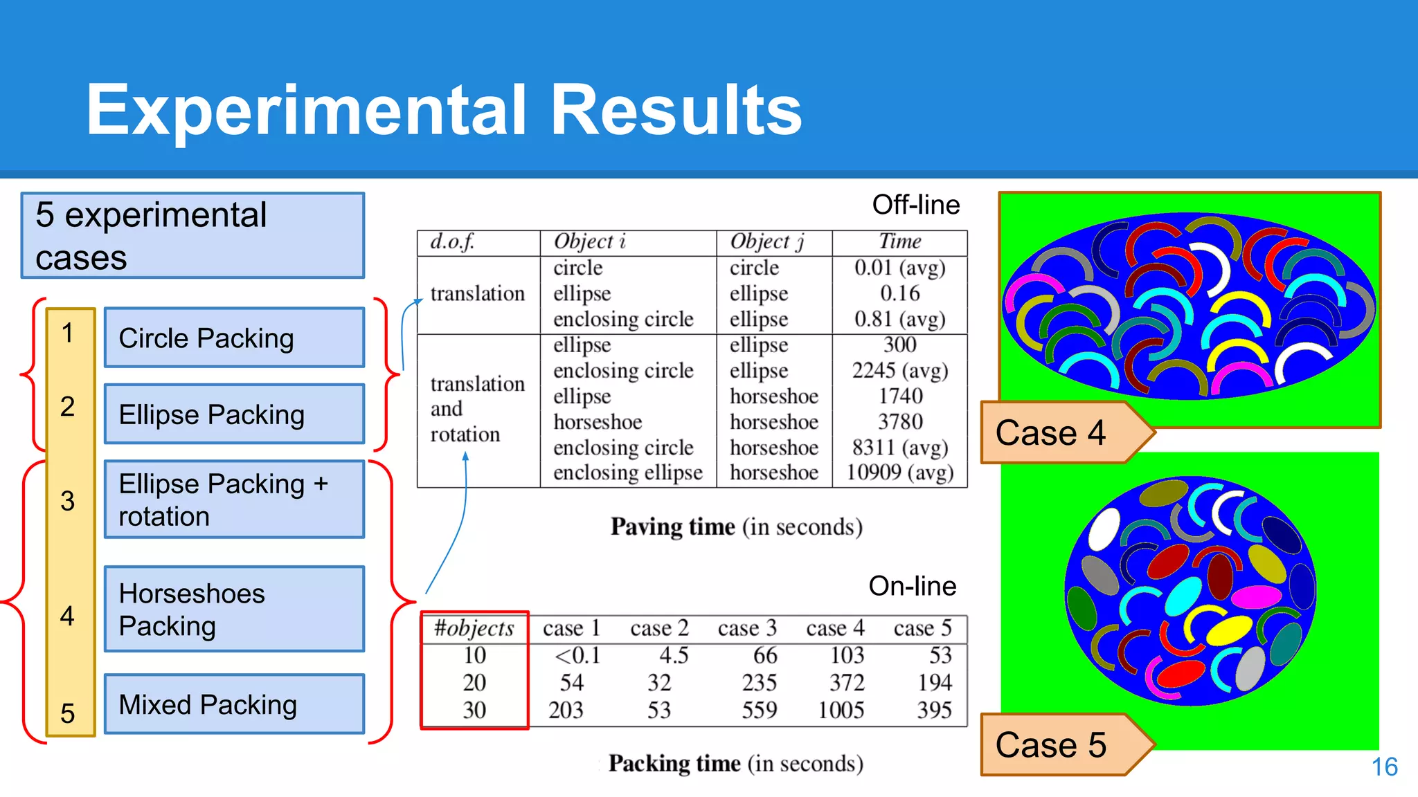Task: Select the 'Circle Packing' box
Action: (x=234, y=338)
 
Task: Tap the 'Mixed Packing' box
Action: (x=234, y=704)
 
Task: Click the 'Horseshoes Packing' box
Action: (x=234, y=609)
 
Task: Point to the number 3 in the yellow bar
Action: (x=67, y=501)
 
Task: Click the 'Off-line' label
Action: (x=915, y=205)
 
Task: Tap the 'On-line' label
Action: (x=912, y=586)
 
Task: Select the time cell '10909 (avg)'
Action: (x=899, y=473)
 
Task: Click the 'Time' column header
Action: (x=899, y=241)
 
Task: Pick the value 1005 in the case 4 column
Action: (x=841, y=711)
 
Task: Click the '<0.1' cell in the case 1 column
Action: (x=577, y=655)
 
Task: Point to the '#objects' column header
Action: (x=474, y=628)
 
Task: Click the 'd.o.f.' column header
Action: (x=452, y=241)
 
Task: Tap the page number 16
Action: (x=1384, y=767)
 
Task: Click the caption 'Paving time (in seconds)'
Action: (x=736, y=527)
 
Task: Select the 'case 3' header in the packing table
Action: (x=747, y=628)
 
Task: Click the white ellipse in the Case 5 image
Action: (x=1104, y=529)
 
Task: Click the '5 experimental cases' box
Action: (x=192, y=236)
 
